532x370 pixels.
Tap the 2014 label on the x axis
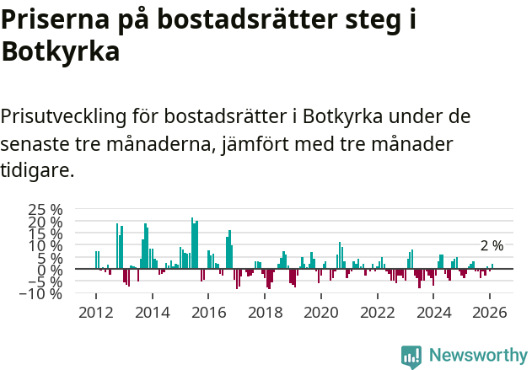coord(152,313)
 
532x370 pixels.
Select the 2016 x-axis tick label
coord(208,313)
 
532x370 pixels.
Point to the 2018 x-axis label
coord(265,313)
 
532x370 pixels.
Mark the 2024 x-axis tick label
coord(434,313)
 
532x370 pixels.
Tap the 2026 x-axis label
coord(491,313)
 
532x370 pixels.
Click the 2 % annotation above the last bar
coord(492,246)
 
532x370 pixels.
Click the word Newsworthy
coord(478,355)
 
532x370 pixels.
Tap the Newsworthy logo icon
coord(411,356)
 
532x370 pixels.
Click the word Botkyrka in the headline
coord(60,51)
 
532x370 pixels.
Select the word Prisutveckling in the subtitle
coord(77,115)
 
